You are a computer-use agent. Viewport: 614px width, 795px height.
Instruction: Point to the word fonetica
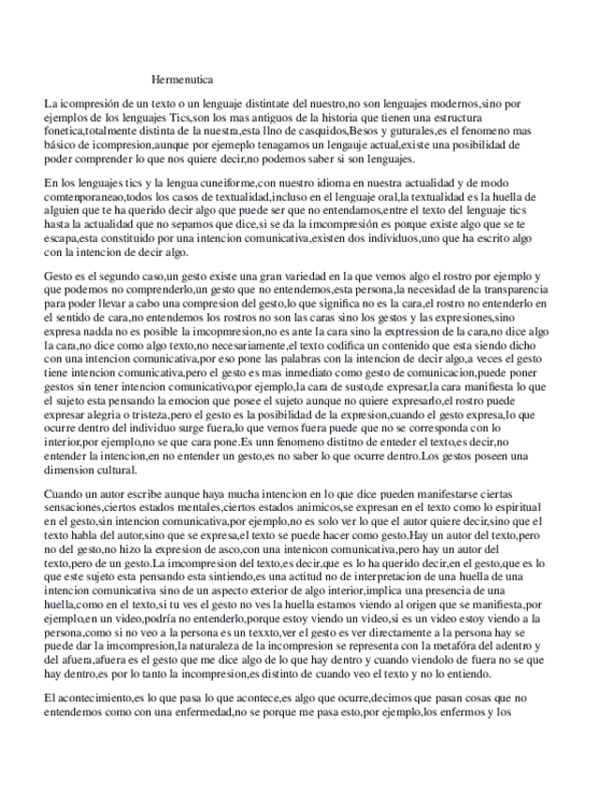64,132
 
